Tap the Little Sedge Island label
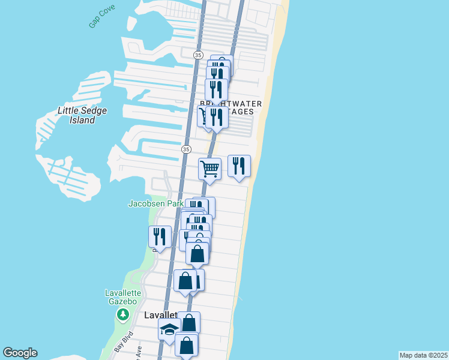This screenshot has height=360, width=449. coord(77,115)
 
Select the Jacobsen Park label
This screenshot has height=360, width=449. coord(156,203)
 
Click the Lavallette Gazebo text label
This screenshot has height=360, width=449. coord(122,297)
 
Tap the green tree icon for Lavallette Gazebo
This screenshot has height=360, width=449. coord(122,314)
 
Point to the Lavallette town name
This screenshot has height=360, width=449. coord(160,315)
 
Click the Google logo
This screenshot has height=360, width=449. coord(20,353)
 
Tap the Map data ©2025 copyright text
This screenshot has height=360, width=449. coord(423,355)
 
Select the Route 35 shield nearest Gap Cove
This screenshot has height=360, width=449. coord(198,55)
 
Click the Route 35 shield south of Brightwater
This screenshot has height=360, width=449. coord(186,149)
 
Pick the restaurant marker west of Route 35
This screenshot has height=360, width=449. coord(160,236)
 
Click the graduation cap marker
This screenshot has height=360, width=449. coord(169,329)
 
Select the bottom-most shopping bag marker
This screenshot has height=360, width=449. coord(186,345)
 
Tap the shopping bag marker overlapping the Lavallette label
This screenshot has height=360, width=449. coord(189,323)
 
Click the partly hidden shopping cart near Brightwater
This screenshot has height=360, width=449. coord(203,115)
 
